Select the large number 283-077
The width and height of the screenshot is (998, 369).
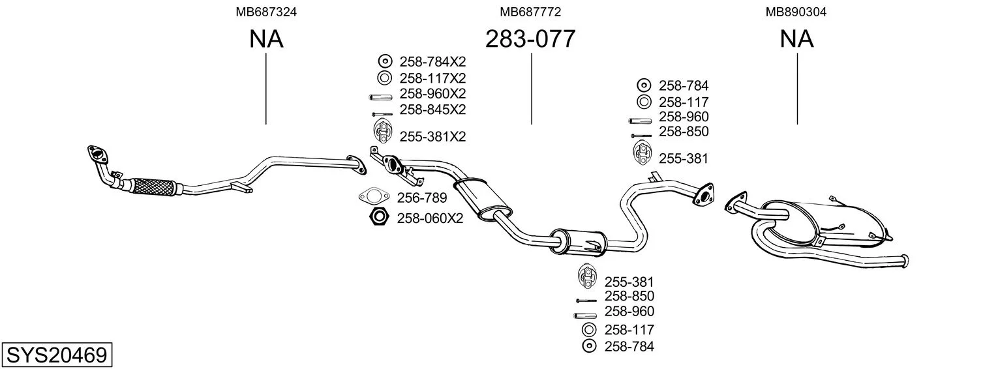(x=530, y=39)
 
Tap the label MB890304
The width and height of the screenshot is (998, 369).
(x=796, y=12)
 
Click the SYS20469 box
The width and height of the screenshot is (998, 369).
(x=56, y=355)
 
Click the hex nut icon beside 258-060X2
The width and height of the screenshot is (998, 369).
(x=378, y=217)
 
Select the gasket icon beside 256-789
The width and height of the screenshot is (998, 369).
(x=373, y=196)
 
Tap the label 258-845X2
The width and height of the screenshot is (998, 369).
(x=432, y=109)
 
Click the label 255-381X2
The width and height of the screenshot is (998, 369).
(x=432, y=137)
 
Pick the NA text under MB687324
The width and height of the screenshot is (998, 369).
(x=266, y=39)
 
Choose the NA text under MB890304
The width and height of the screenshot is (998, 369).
(x=796, y=39)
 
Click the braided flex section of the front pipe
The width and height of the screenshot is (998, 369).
(x=154, y=186)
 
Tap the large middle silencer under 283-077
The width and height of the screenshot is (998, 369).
(x=484, y=198)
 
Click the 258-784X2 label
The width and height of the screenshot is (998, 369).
(x=432, y=62)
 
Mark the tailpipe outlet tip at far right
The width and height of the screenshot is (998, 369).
(x=904, y=261)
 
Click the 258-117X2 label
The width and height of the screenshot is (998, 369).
(x=432, y=78)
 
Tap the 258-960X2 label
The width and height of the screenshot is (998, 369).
(x=432, y=93)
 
